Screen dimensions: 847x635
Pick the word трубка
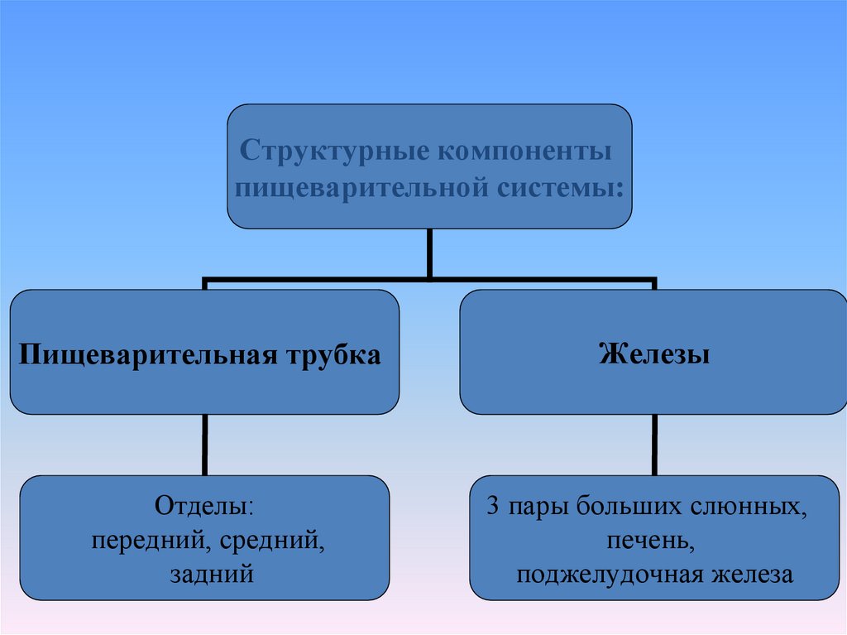[333, 356]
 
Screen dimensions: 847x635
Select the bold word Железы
[654, 355]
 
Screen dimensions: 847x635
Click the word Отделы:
[204, 508]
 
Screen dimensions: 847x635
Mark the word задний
[212, 575]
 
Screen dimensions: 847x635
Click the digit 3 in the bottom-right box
[493, 507]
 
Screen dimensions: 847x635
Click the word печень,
[650, 541]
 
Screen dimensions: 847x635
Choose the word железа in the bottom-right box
[753, 575]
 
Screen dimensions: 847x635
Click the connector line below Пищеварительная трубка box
[205, 445]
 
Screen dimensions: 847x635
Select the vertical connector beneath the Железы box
[655, 445]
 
